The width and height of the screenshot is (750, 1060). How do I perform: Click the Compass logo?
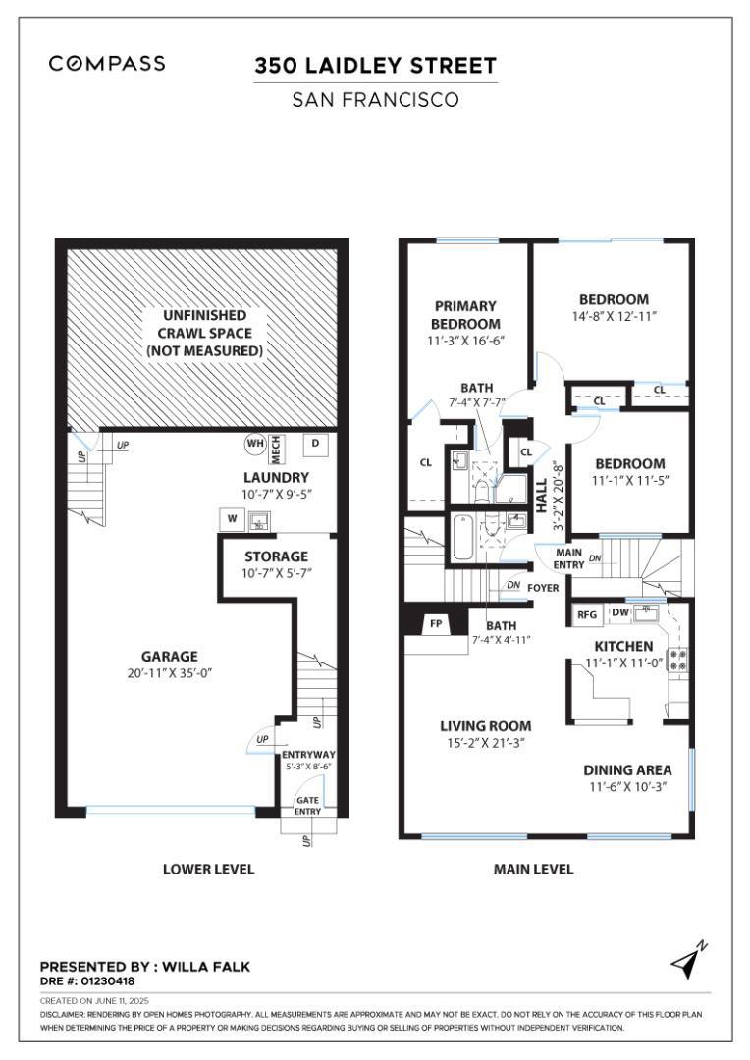[107, 64]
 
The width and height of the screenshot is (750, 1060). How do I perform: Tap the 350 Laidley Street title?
[375, 66]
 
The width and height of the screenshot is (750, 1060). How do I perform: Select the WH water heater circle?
[255, 444]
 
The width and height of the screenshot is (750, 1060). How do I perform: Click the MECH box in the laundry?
[276, 450]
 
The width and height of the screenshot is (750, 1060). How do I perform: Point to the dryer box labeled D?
[315, 445]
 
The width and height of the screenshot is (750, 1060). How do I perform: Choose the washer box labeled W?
[233, 519]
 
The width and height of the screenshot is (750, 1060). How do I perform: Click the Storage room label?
[276, 556]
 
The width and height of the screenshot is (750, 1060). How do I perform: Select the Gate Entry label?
[307, 805]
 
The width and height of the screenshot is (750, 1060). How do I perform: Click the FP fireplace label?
[436, 623]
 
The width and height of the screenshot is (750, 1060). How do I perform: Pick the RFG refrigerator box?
[587, 614]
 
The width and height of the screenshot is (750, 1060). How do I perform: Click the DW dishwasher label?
[620, 612]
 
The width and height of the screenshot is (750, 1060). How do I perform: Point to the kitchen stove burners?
[677, 660]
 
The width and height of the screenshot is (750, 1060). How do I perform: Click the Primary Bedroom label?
[465, 314]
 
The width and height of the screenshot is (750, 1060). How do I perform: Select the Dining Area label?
[627, 770]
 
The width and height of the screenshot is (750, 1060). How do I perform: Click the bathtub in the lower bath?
[463, 538]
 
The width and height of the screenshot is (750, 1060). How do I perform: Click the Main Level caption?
[533, 869]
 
